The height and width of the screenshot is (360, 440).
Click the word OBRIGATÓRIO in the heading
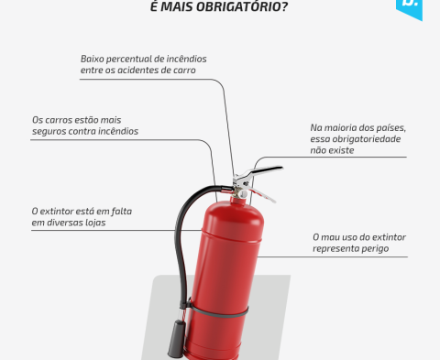[x=242, y=5]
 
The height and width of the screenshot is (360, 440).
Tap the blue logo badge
[x=409, y=8]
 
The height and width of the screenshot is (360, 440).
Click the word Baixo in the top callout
[x=92, y=59]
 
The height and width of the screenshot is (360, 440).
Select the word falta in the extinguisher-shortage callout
[x=122, y=212]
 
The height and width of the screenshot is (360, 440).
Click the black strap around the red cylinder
[x=218, y=311]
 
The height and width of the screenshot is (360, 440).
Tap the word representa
[x=335, y=249]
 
